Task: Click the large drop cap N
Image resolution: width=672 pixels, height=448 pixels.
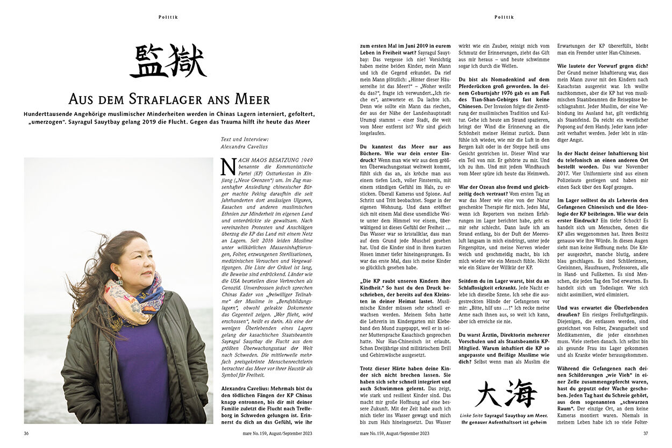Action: (x=228, y=166)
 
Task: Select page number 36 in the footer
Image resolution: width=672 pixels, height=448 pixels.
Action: (x=26, y=433)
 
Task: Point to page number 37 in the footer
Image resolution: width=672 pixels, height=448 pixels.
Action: (x=646, y=433)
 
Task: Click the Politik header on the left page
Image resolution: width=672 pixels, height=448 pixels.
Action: (x=168, y=17)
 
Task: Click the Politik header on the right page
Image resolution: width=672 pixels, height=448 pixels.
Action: (x=504, y=17)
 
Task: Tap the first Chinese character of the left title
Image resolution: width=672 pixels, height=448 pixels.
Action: (x=147, y=61)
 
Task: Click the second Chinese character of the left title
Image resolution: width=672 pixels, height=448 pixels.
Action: (x=186, y=61)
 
